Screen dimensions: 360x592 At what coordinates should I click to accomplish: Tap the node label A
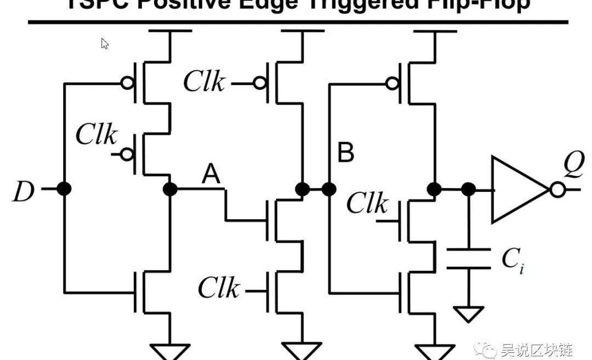point(211,175)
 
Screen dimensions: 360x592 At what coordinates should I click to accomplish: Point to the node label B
point(346,154)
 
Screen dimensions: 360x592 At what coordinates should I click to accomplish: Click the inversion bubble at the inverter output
point(557,190)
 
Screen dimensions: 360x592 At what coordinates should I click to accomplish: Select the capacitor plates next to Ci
point(468,259)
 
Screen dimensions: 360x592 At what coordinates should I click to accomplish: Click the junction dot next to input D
point(65,190)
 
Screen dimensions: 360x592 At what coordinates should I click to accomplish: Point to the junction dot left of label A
point(170,190)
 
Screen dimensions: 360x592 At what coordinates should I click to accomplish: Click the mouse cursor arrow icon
point(104,44)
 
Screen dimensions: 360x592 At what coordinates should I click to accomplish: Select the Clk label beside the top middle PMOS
point(203,82)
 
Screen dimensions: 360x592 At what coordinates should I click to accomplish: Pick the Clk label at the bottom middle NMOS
point(218,288)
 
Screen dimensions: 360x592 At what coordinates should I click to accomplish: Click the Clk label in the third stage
point(367,204)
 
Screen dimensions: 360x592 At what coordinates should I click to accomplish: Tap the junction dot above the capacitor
point(469,190)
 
